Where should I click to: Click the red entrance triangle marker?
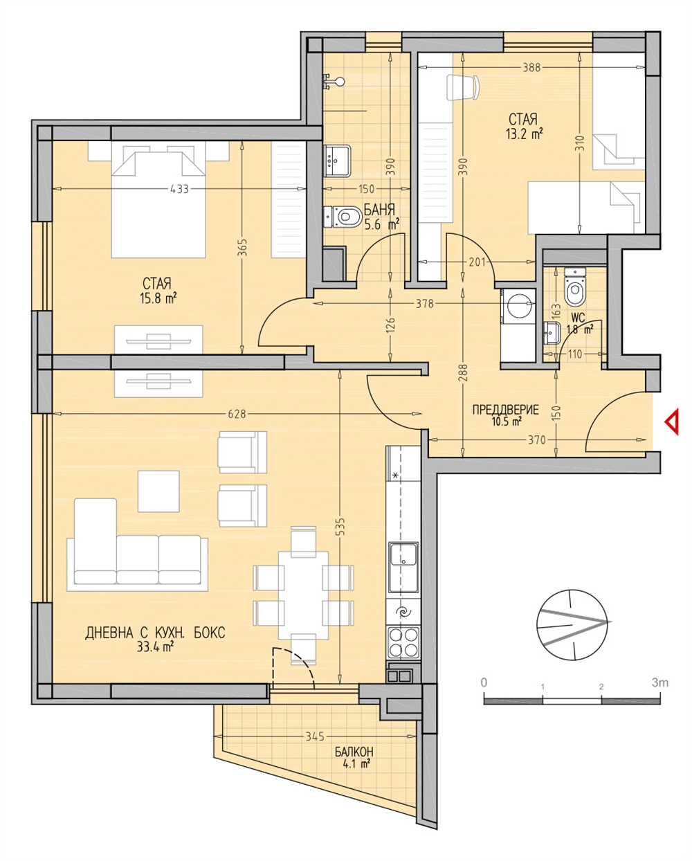click(672, 422)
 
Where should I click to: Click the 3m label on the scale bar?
click(659, 682)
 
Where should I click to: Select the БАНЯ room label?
click(379, 209)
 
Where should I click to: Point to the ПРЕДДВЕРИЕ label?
click(506, 410)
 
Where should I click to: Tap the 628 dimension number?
click(237, 414)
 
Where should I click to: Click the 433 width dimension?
click(179, 189)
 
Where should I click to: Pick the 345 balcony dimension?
click(315, 736)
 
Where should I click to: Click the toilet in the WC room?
click(575, 287)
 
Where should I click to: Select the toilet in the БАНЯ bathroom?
click(343, 217)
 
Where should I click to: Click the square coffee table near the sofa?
click(158, 491)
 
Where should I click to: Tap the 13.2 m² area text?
click(525, 133)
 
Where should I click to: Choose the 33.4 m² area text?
click(155, 646)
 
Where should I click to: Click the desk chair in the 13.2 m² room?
click(462, 87)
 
